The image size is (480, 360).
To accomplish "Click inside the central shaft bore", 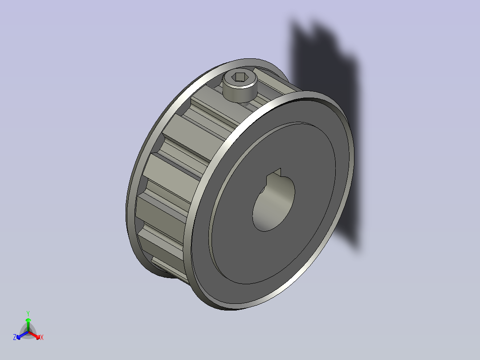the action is (x=273, y=202).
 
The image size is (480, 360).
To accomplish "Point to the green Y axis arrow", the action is (x=28, y=324).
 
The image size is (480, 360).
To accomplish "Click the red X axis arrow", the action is (x=35, y=335).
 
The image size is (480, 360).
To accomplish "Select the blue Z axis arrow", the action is (x=22, y=335).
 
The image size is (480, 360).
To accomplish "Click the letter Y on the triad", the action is (x=28, y=313).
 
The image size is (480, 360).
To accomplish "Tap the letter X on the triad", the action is (x=42, y=337).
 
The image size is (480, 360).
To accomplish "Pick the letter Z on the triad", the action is (x=14, y=337).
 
